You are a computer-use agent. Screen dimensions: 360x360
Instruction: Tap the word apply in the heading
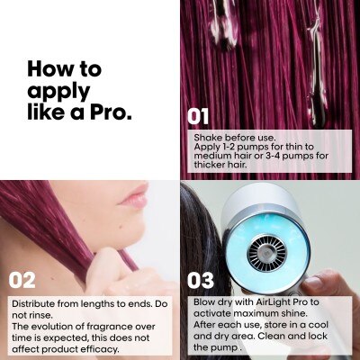click(58, 92)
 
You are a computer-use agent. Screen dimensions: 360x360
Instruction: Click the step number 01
click(198, 117)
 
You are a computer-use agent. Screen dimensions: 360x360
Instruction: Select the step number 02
click(22, 281)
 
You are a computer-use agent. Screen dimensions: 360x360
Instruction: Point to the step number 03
click(201, 281)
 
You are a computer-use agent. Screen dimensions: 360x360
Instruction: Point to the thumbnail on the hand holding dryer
click(314, 283)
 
